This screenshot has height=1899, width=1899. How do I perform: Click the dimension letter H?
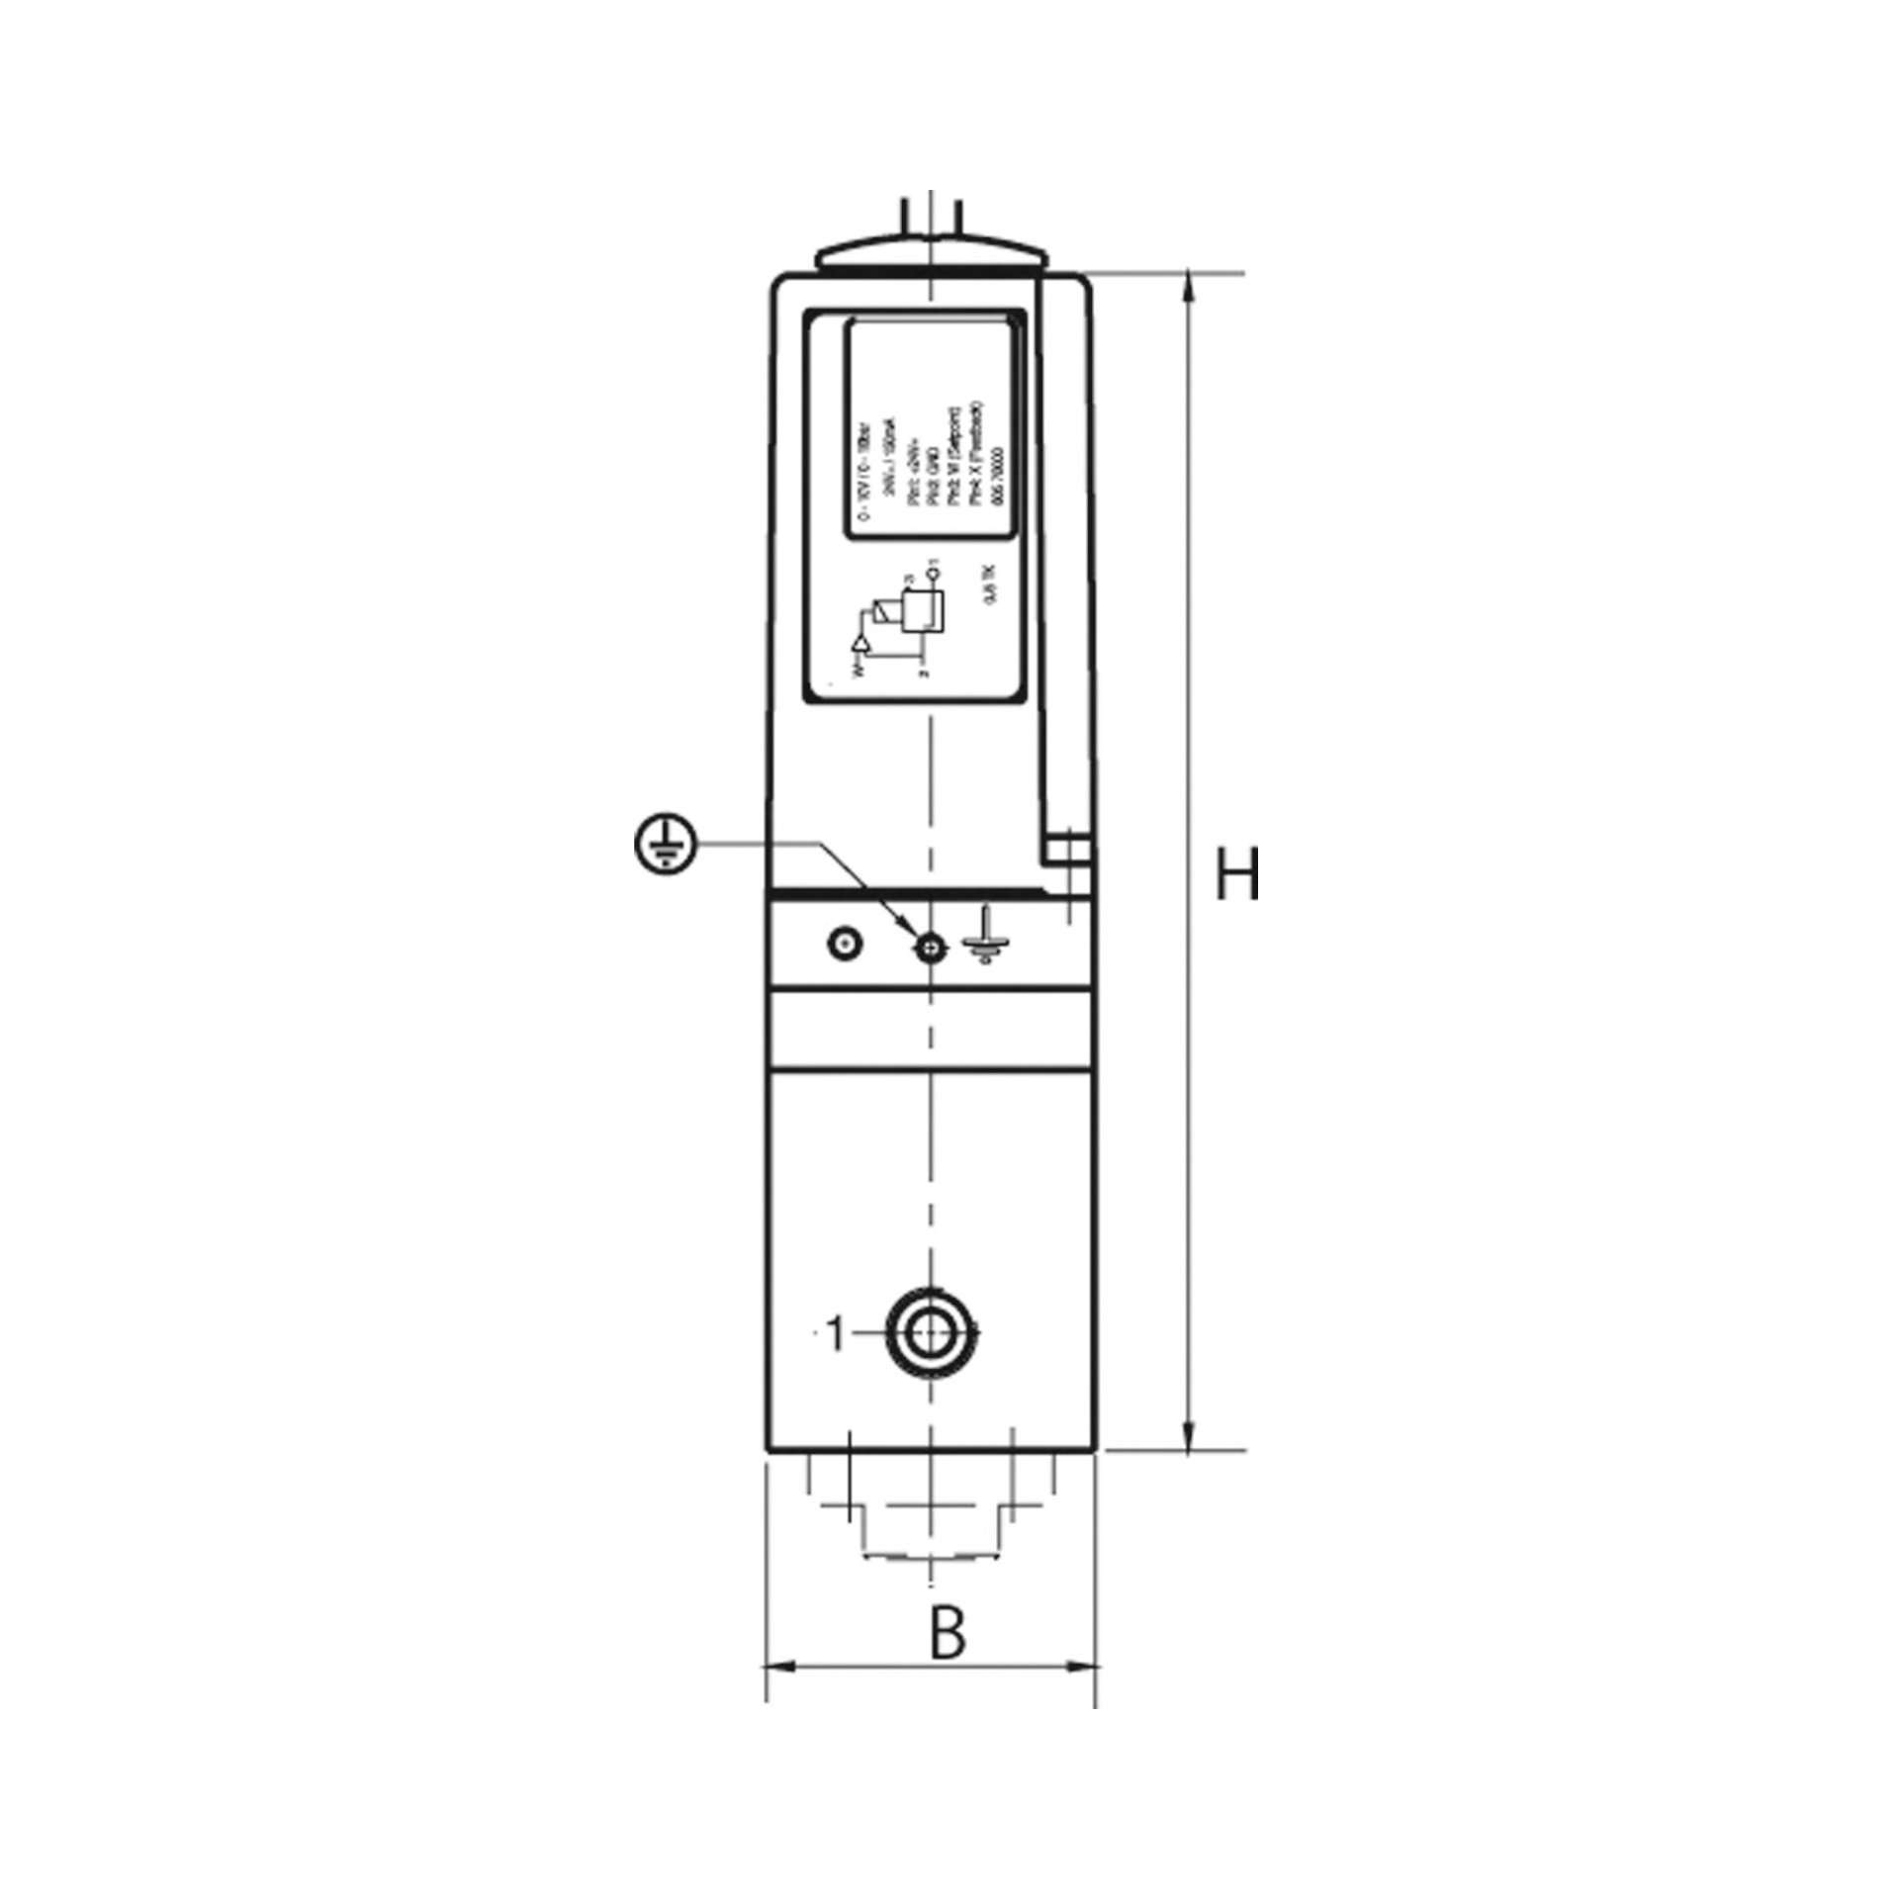pos(1237,874)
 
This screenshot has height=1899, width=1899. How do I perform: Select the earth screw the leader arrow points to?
pos(928,949)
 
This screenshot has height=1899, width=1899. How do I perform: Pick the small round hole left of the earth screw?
pos(843,943)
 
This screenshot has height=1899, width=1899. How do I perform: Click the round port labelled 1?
pos(927,1335)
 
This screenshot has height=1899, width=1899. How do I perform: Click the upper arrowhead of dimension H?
pos(1190,288)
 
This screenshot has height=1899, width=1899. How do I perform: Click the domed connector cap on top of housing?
pos(929,253)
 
